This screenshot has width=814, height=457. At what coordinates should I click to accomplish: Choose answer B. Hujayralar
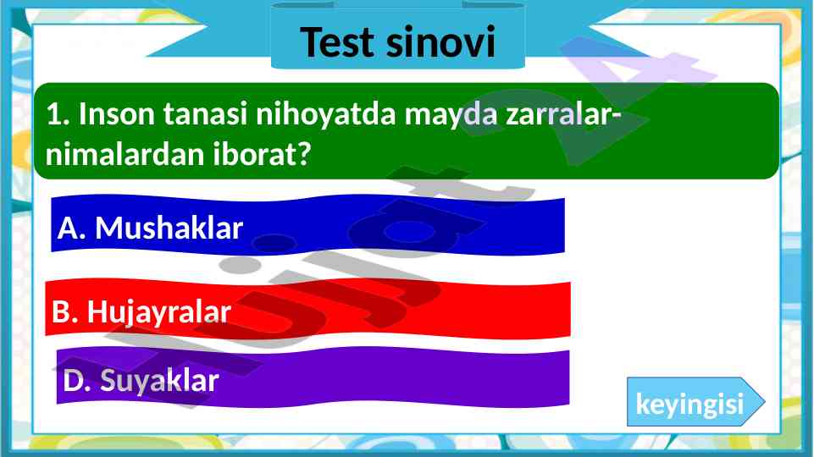click(x=307, y=309)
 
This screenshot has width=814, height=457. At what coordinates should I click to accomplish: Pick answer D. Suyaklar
click(x=313, y=377)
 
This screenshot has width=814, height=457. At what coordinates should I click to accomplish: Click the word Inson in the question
click(x=117, y=114)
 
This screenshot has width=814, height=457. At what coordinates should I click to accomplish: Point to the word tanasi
click(x=205, y=114)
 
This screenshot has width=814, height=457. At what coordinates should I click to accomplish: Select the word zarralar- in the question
click(x=564, y=114)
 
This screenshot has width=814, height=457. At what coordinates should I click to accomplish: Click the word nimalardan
click(x=125, y=154)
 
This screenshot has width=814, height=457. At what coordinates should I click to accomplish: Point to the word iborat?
click(x=263, y=154)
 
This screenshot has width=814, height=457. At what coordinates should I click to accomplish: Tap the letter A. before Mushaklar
click(x=72, y=228)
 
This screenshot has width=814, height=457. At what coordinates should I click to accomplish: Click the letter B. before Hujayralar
click(x=65, y=312)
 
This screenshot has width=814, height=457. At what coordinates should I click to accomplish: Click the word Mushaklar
click(x=169, y=228)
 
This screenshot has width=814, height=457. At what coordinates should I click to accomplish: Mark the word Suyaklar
click(x=159, y=382)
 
